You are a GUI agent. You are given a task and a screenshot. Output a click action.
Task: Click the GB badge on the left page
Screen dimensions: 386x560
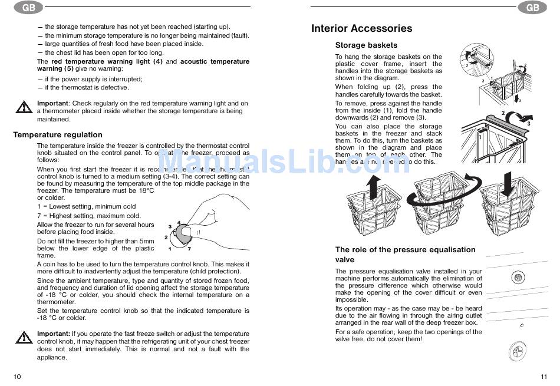pos(28,8)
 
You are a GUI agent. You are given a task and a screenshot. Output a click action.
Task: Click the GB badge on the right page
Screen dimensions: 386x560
pos(532,8)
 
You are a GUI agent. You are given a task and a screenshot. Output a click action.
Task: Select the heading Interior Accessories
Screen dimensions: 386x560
pos(361,28)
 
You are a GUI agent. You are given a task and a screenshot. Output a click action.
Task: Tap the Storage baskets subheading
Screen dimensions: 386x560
pos(366,45)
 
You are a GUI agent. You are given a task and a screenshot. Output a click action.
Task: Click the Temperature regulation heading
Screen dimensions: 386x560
pos(58,134)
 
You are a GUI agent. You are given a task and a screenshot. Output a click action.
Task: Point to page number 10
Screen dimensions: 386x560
pos(17,377)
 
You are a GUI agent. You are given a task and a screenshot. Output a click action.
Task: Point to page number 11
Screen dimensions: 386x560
pos(543,377)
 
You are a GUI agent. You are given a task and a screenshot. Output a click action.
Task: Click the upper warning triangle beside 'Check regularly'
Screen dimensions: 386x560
pos(24,107)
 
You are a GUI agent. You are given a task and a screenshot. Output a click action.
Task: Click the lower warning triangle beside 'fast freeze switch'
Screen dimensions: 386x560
pos(24,338)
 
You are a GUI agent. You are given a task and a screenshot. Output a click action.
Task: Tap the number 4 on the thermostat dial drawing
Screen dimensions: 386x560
pos(179,222)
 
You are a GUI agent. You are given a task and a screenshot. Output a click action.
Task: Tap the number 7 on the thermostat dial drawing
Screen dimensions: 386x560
pos(189,249)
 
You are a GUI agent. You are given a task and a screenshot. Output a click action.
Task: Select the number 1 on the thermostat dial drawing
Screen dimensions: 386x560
pos(170,249)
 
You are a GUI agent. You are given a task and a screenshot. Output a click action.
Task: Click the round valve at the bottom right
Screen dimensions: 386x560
pos(517,351)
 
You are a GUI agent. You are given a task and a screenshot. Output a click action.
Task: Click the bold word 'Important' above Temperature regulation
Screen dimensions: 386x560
pos(52,103)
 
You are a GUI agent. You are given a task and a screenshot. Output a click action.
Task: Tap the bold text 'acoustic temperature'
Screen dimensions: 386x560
pos(215,61)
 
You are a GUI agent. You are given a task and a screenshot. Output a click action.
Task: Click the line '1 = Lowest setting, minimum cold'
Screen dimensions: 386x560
pos(86,206)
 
